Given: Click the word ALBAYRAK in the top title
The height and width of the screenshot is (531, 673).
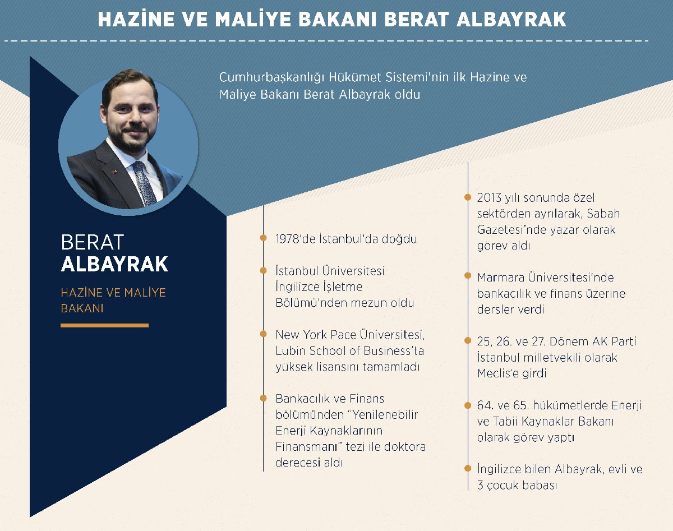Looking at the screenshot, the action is pos(511,20).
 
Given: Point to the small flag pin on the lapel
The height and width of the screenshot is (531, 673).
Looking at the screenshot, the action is pos(114,172).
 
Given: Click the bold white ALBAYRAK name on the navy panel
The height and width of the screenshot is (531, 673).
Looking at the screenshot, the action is pos(114,264).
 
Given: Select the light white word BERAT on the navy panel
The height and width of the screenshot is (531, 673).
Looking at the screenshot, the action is pos(93,242).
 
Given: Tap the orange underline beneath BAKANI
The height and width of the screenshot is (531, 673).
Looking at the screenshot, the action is pos(104,326).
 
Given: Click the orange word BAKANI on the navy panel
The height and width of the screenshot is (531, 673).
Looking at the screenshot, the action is pos(82,308).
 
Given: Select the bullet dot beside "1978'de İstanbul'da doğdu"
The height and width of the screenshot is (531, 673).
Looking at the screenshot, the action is pos(264,238).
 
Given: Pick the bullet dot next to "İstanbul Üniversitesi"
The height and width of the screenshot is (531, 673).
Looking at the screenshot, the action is pos(264,270).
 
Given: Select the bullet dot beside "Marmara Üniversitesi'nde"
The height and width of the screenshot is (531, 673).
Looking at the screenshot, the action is pos(468,275).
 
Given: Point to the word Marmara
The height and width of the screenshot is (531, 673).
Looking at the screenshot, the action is pos(500,278).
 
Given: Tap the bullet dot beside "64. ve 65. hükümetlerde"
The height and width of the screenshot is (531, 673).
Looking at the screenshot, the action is pos(468,405).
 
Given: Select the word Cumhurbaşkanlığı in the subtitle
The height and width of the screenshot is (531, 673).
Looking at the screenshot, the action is pos(271,77).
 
